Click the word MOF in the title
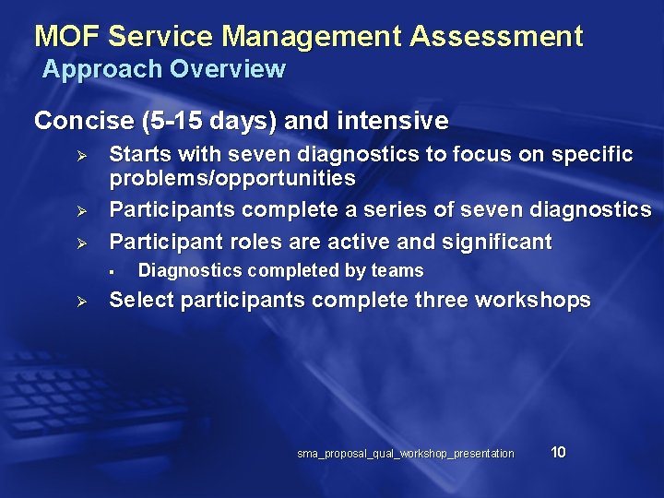67,37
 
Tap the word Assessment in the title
496,37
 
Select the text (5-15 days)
204,121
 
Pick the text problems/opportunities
232,177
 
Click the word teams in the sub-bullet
398,270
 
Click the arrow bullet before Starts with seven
80,155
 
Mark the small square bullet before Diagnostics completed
109,271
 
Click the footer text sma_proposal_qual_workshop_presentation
406,453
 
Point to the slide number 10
558,452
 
